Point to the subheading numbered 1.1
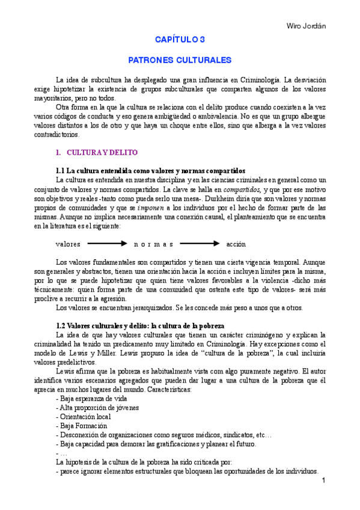click(x=150, y=171)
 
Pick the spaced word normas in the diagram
click(x=153, y=244)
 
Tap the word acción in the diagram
click(x=236, y=244)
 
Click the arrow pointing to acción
click(x=200, y=244)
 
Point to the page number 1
click(x=323, y=481)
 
